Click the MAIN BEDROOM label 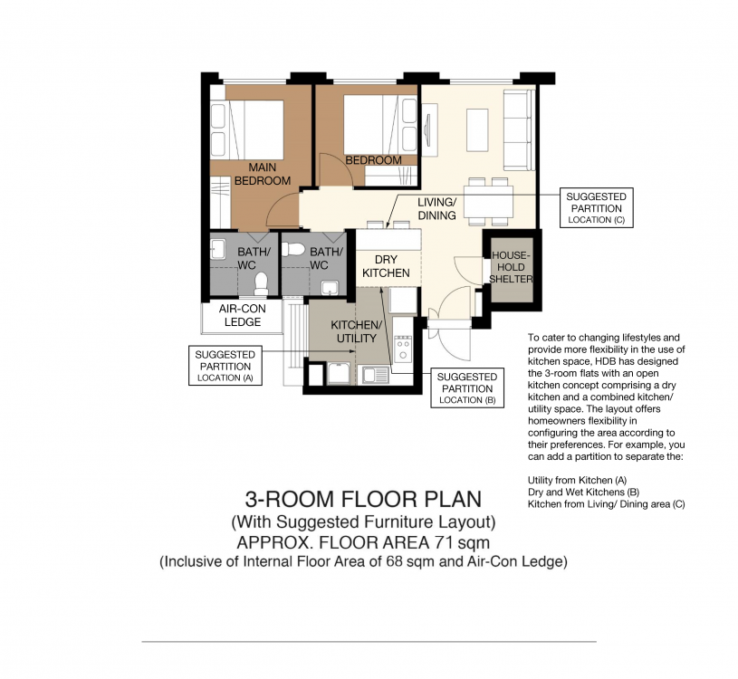(263, 174)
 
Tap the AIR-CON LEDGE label (242, 315)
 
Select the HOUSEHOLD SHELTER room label (511, 267)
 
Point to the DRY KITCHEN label (386, 266)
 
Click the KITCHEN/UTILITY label (356, 331)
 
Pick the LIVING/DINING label (436, 208)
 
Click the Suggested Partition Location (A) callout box (225, 366)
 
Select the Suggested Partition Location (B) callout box (467, 387)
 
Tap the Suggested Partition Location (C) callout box (597, 207)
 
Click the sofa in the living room (519, 129)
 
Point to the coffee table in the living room (477, 129)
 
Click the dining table (488, 201)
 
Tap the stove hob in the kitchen (402, 349)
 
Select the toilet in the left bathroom (260, 284)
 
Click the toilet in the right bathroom (294, 250)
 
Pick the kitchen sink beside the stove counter (375, 375)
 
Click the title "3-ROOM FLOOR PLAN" (363, 499)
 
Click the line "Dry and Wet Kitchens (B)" (583, 493)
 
